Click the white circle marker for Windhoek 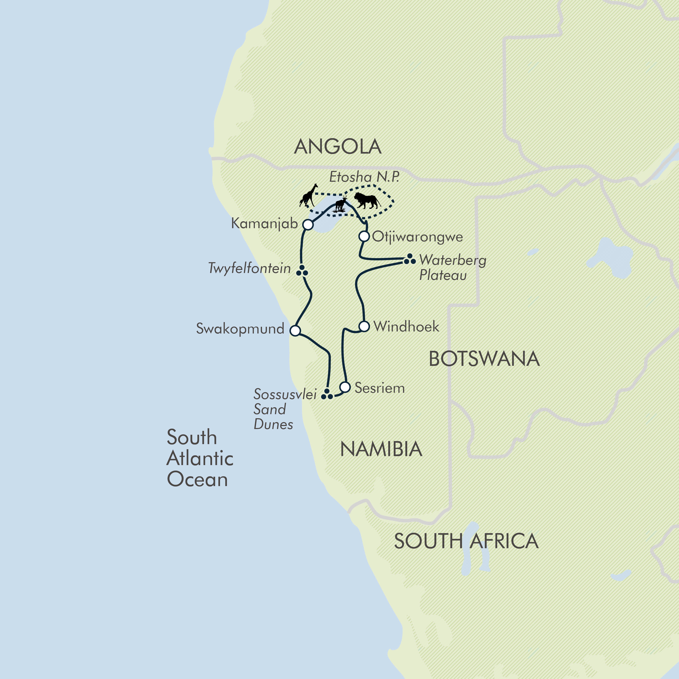pos(364,326)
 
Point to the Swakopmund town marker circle pos(295,330)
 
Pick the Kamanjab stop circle pos(308,224)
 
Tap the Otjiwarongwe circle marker pos(364,236)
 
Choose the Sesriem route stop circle pos(345,387)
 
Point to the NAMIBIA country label pos(381,449)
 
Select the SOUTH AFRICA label pos(466,541)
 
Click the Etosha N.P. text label pos(364,177)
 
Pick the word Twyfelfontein pos(250,268)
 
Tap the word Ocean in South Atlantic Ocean pos(197,479)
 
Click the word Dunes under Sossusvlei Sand pos(273,424)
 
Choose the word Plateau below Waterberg pos(443,275)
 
